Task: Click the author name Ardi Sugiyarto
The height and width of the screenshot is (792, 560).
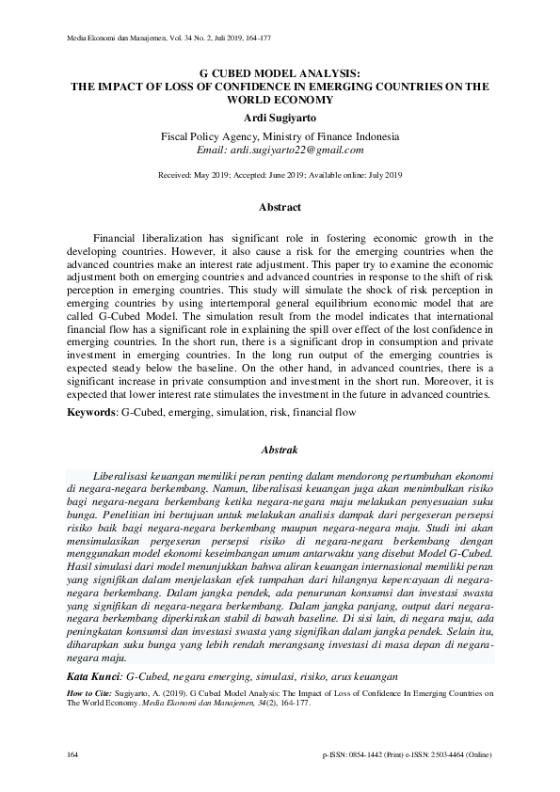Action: tap(280, 117)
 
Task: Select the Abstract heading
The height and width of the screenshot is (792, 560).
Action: tap(280, 207)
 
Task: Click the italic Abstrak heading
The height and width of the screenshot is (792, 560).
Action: tap(280, 451)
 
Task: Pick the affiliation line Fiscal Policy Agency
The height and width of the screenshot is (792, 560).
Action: tap(280, 135)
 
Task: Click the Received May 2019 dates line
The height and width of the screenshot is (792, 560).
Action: tap(280, 175)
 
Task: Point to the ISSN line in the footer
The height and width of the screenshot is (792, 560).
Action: tap(406, 756)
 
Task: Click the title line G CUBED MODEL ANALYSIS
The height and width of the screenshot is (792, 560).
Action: tap(280, 71)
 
